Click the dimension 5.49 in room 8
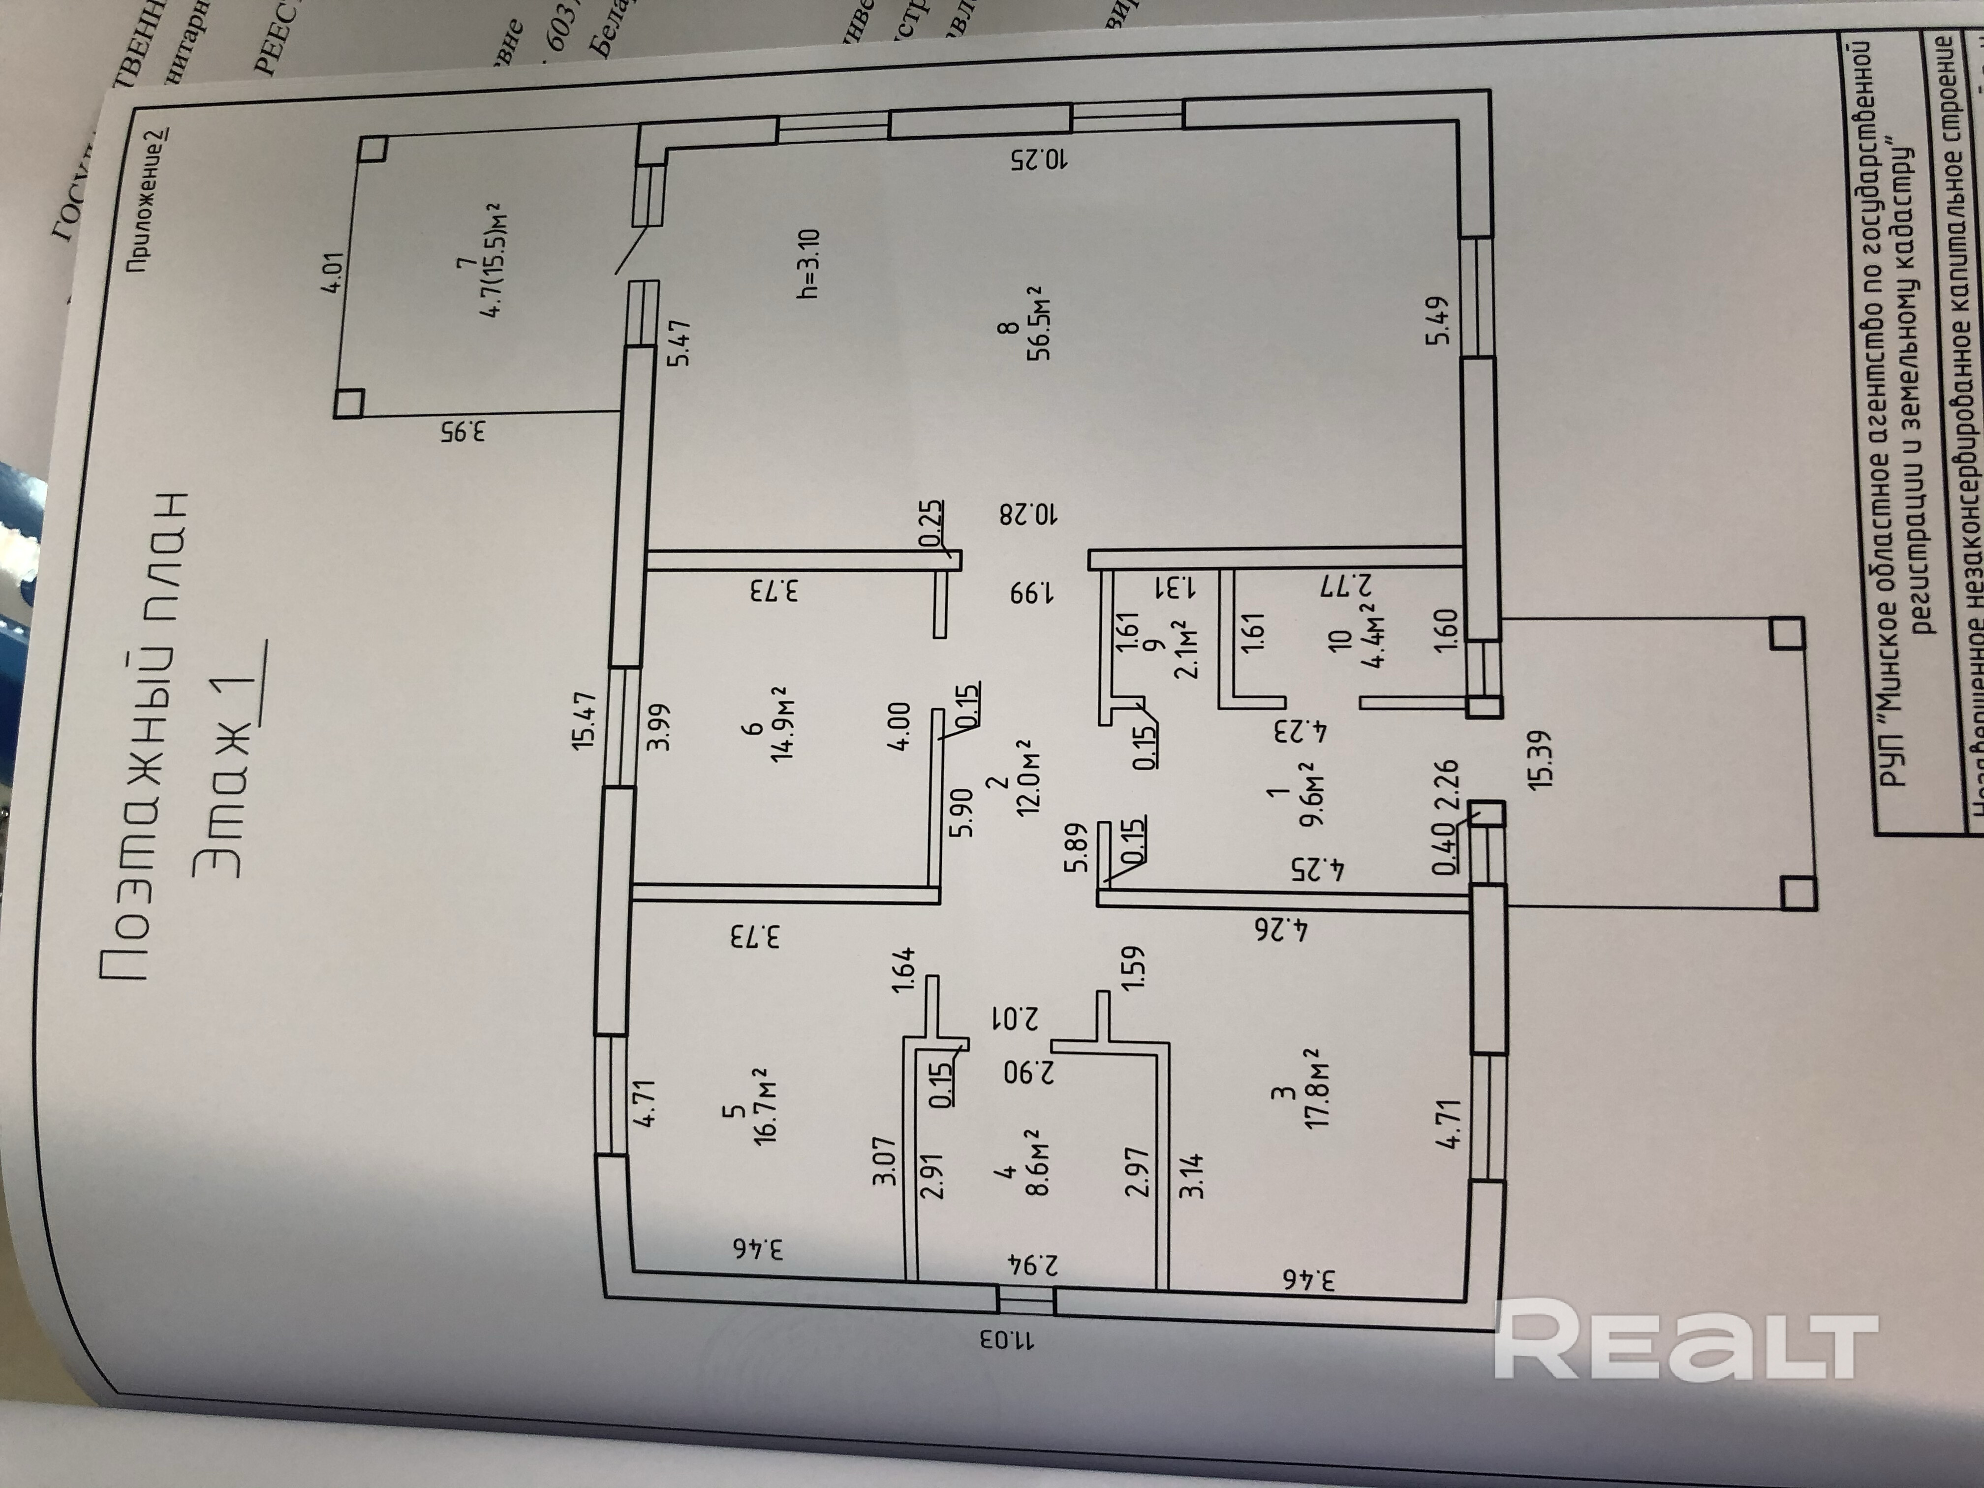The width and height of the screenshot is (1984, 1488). point(1439,321)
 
